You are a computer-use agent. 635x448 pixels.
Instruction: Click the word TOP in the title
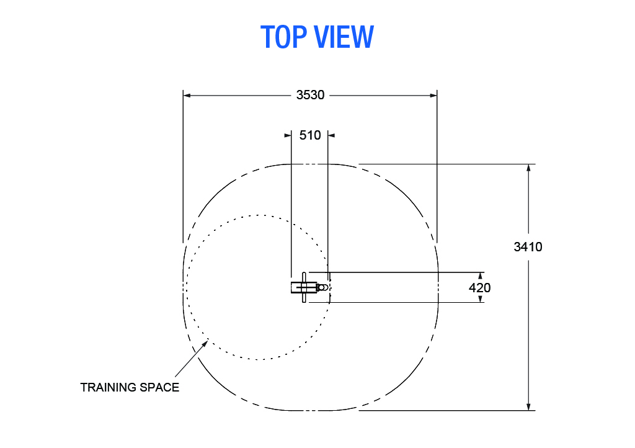pyautogui.click(x=283, y=37)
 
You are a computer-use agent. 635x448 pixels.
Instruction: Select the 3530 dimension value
pyautogui.click(x=310, y=95)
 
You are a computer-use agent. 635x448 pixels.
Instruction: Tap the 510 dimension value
pyautogui.click(x=310, y=135)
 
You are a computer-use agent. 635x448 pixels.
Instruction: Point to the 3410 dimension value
pyautogui.click(x=528, y=247)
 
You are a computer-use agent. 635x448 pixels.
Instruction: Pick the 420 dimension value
pyautogui.click(x=480, y=287)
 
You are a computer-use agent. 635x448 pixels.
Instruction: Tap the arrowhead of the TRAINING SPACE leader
pyautogui.click(x=205, y=344)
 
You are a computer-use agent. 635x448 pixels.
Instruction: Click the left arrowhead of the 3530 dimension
pyautogui.click(x=187, y=96)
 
